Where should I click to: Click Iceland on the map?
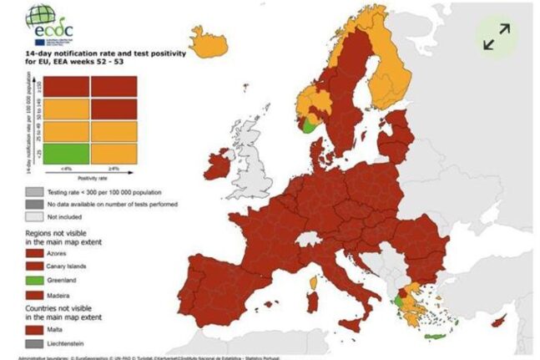pos(209,39)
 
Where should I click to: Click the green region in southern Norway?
pos(310,125)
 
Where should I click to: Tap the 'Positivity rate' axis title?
pos(91,177)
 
